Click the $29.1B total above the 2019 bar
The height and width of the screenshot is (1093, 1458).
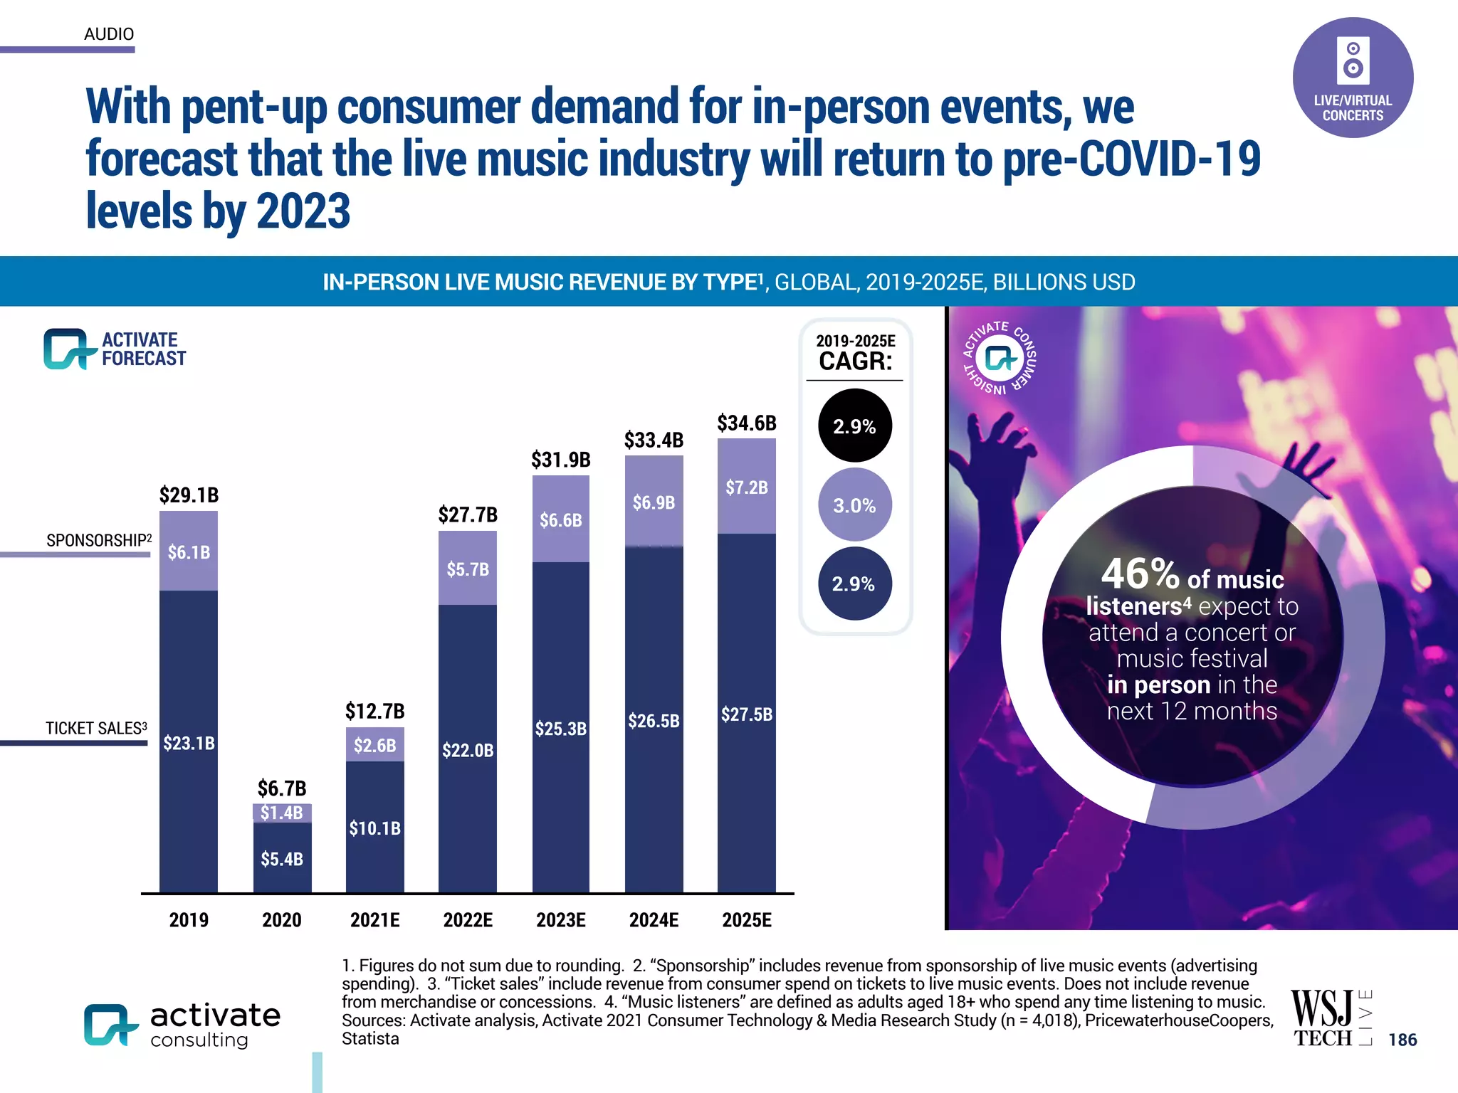[189, 495]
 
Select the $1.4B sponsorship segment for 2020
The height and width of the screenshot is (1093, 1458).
[281, 813]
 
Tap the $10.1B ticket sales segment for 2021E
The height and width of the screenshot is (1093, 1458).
[374, 828]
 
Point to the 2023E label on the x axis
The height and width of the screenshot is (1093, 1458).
[560, 920]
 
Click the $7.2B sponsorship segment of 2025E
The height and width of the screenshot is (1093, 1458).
[746, 487]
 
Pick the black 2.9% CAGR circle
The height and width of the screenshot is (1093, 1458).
[854, 426]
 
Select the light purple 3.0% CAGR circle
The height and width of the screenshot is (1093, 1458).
[854, 505]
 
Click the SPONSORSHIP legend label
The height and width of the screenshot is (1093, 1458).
[98, 540]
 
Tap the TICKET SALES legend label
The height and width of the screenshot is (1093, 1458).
[96, 728]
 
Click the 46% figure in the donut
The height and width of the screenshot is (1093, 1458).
[1140, 574]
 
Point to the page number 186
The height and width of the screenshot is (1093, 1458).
[1402, 1040]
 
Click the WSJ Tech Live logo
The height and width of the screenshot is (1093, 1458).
[1330, 1019]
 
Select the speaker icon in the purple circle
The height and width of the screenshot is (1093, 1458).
[1353, 59]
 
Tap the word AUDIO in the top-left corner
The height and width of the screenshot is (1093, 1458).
[109, 33]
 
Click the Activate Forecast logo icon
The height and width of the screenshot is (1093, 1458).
[68, 349]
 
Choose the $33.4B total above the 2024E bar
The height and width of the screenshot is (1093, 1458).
[654, 440]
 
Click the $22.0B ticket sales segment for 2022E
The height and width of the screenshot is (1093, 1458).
[467, 750]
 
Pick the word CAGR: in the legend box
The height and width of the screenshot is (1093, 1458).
[855, 361]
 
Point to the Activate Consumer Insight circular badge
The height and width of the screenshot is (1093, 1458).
[1000, 358]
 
